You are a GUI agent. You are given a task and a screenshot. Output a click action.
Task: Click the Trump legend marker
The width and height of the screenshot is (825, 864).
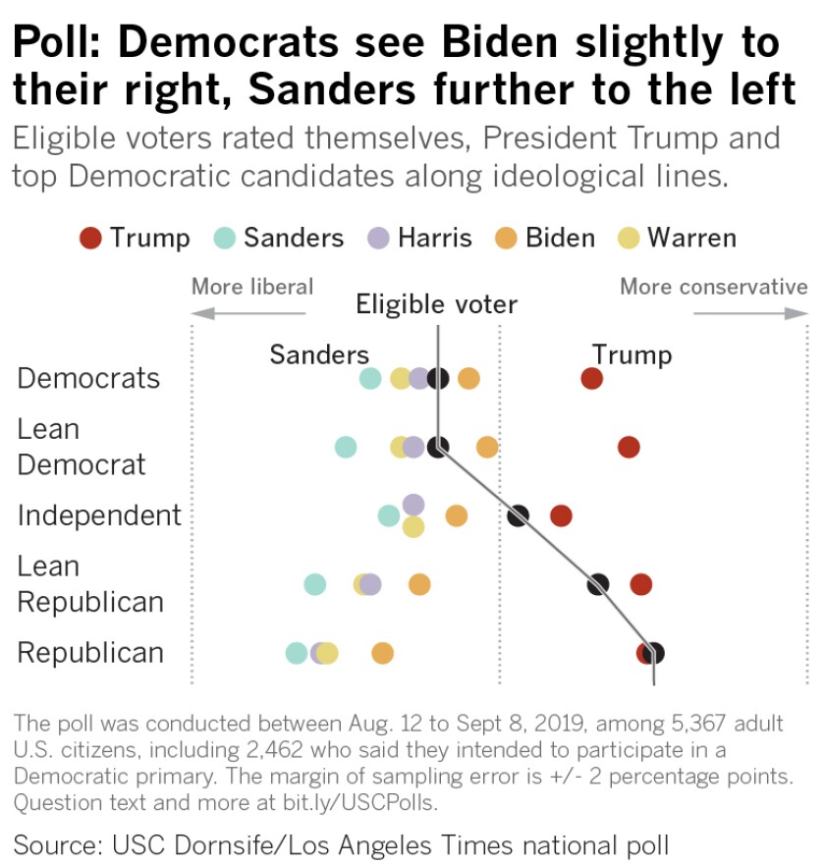[x=91, y=238]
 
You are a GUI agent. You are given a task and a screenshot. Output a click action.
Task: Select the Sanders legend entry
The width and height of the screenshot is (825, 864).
[x=279, y=238]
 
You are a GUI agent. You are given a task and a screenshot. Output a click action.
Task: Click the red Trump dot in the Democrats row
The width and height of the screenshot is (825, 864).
[x=591, y=379]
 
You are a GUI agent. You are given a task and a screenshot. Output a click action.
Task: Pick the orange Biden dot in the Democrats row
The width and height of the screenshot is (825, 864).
[x=468, y=379]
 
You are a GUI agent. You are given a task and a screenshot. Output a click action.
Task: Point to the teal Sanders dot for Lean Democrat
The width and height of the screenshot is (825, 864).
[x=346, y=448]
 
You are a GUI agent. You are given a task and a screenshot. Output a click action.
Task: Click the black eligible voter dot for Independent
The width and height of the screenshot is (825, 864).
[x=519, y=515]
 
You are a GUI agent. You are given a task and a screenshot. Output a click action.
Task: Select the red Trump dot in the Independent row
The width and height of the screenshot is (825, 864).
[x=561, y=515]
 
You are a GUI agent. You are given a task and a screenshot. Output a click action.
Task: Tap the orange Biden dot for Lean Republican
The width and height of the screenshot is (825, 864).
[x=419, y=585]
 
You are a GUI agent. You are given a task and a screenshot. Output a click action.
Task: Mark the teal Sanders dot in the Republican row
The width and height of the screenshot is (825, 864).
[x=297, y=653]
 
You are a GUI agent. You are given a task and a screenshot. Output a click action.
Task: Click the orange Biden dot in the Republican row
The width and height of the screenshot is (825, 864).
[x=383, y=653]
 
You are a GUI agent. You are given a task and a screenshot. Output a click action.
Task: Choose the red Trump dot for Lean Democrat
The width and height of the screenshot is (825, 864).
[x=630, y=448]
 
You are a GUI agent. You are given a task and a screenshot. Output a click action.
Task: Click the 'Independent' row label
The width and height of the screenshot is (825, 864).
[x=99, y=515]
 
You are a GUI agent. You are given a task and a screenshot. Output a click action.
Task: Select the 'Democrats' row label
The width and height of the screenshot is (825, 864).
[x=88, y=379]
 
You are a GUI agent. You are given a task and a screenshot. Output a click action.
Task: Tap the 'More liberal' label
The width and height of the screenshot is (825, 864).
[x=252, y=287]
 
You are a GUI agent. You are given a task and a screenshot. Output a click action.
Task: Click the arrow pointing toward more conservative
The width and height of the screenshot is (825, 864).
[x=750, y=314]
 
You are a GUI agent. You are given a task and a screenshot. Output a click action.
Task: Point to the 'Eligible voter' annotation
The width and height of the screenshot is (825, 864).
[x=436, y=304]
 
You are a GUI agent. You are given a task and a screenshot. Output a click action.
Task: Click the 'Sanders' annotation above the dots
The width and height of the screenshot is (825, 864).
[x=319, y=354]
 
